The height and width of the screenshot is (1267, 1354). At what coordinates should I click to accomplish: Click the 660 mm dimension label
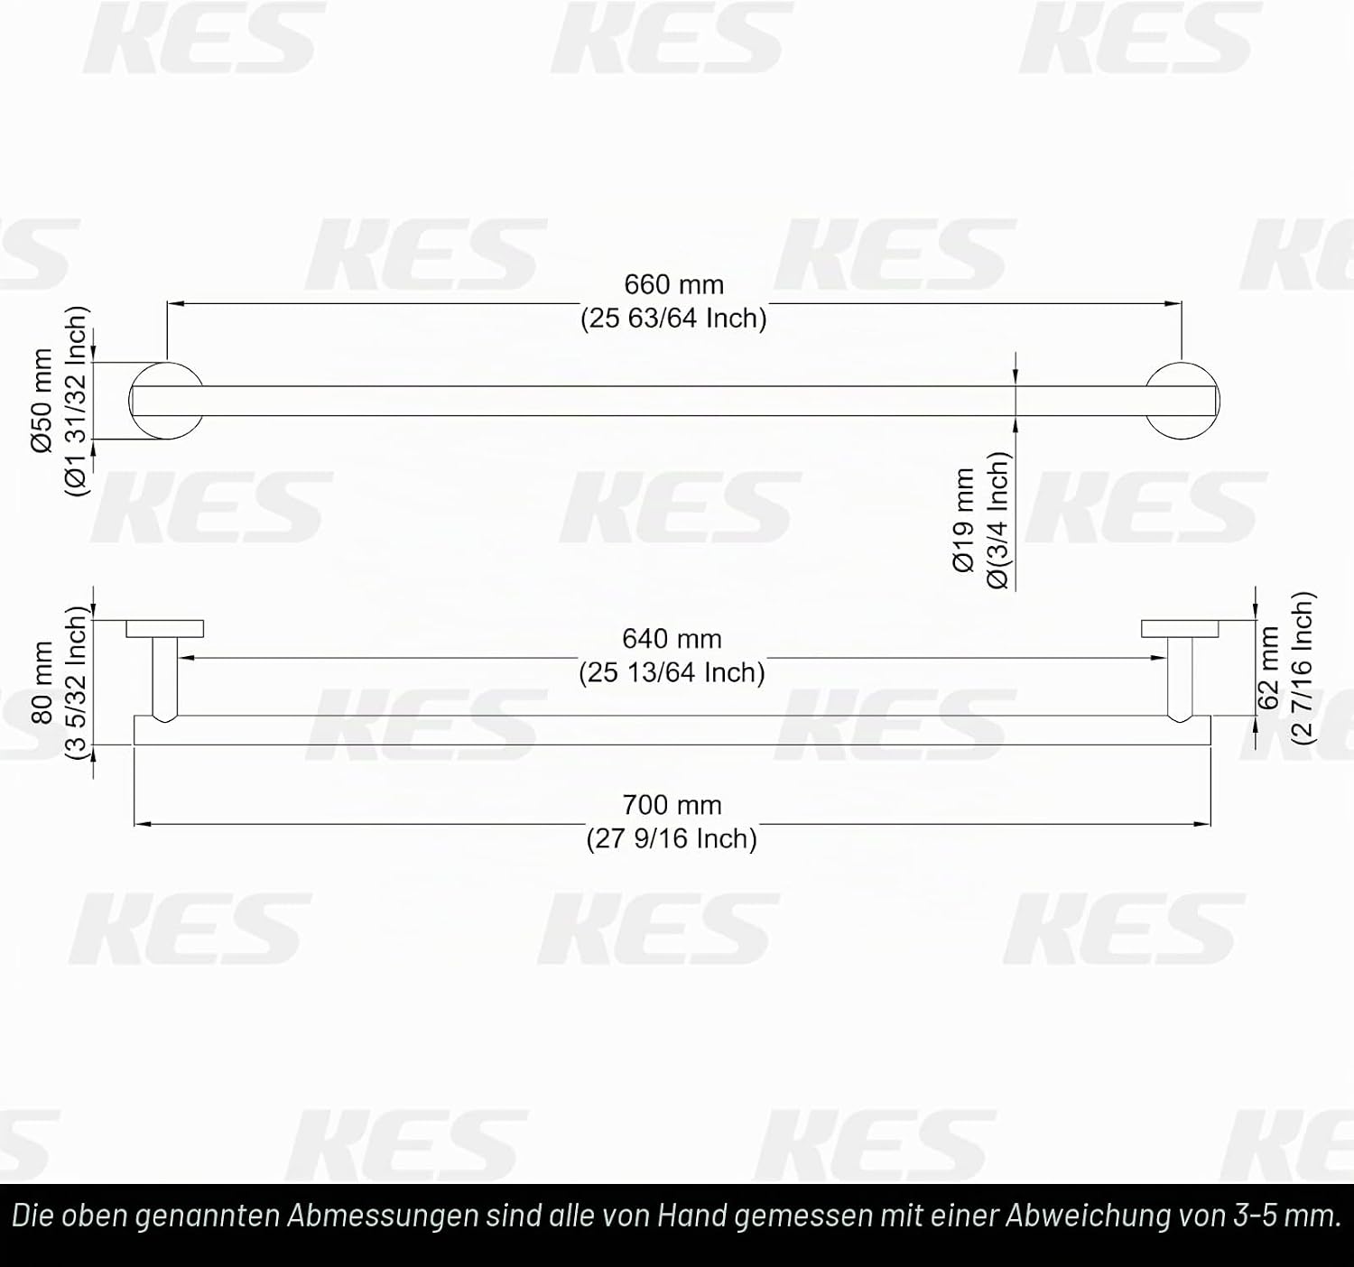point(673,284)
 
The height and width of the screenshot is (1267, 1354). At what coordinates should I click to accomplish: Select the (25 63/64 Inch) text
point(673,319)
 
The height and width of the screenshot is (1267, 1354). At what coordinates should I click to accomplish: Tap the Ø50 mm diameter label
point(42,401)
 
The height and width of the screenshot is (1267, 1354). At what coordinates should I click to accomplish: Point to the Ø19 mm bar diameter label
point(964,520)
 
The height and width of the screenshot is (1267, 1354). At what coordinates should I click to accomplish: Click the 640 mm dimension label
point(672,639)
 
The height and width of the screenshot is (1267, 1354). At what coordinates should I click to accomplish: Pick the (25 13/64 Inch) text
point(672,672)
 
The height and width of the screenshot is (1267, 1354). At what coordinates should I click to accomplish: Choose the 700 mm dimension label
point(672,805)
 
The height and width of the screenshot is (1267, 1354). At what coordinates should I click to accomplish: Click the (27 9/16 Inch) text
point(672,838)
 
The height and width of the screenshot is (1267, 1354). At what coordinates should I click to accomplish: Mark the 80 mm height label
point(42,682)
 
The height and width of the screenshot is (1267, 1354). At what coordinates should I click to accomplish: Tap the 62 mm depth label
point(1268,668)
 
